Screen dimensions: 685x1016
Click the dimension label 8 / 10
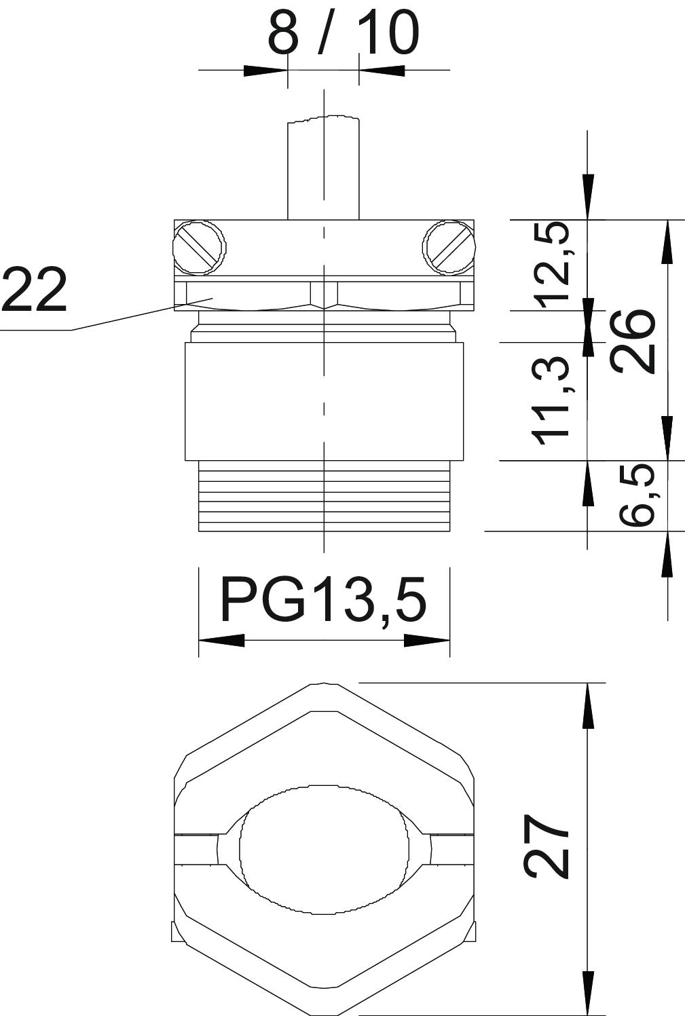click(343, 33)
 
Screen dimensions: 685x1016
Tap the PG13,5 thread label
click(323, 599)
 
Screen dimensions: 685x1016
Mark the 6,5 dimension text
click(637, 494)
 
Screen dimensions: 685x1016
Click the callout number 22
click(35, 289)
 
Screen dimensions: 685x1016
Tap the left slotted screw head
click(200, 248)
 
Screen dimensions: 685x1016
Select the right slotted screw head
click(449, 248)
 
